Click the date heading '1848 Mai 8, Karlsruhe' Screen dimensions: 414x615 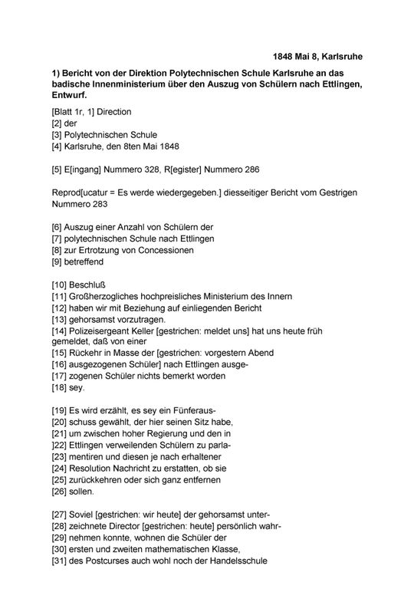click(x=318, y=56)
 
